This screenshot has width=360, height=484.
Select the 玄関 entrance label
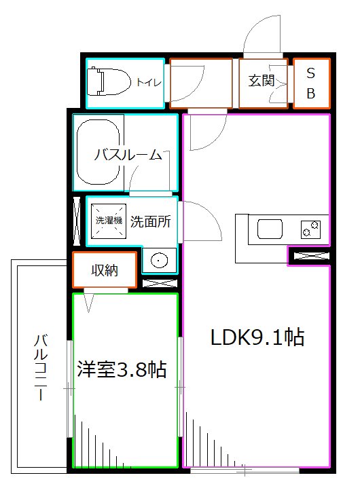260,81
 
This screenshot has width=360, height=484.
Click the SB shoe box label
311,83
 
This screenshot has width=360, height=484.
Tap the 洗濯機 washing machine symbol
108,221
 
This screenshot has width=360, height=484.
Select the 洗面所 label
150,221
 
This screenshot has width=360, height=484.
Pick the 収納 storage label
105,270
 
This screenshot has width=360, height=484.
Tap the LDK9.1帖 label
255,337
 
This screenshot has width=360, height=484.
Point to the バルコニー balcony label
41,367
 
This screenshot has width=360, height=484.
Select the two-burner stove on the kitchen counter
311,229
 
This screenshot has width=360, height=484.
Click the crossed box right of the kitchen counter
310,257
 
